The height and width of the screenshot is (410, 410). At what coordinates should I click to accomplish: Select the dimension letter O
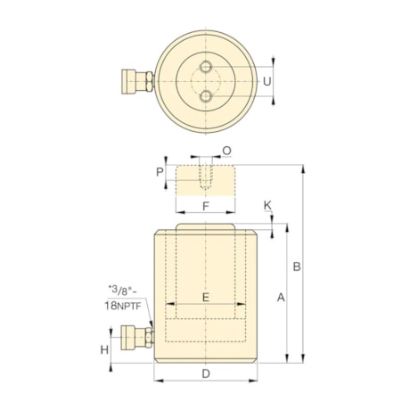pyautogui.click(x=226, y=152)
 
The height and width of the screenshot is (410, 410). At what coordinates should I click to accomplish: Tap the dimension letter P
pyautogui.click(x=160, y=172)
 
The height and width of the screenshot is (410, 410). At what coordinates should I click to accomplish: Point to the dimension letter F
pyautogui.click(x=206, y=206)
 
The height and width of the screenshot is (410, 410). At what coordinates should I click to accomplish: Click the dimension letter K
pyautogui.click(x=267, y=207)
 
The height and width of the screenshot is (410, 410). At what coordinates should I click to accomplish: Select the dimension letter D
pyautogui.click(x=205, y=373)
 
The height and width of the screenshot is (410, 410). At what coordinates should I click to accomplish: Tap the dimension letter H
pyautogui.click(x=104, y=349)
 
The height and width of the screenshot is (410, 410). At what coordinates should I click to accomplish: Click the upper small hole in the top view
pyautogui.click(x=206, y=68)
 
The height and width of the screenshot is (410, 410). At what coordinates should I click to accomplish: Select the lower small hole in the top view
pyautogui.click(x=206, y=96)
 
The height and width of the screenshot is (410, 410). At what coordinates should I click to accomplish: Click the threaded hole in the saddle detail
pyautogui.click(x=206, y=177)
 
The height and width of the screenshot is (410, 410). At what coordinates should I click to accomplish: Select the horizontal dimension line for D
pyautogui.click(x=206, y=381)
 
